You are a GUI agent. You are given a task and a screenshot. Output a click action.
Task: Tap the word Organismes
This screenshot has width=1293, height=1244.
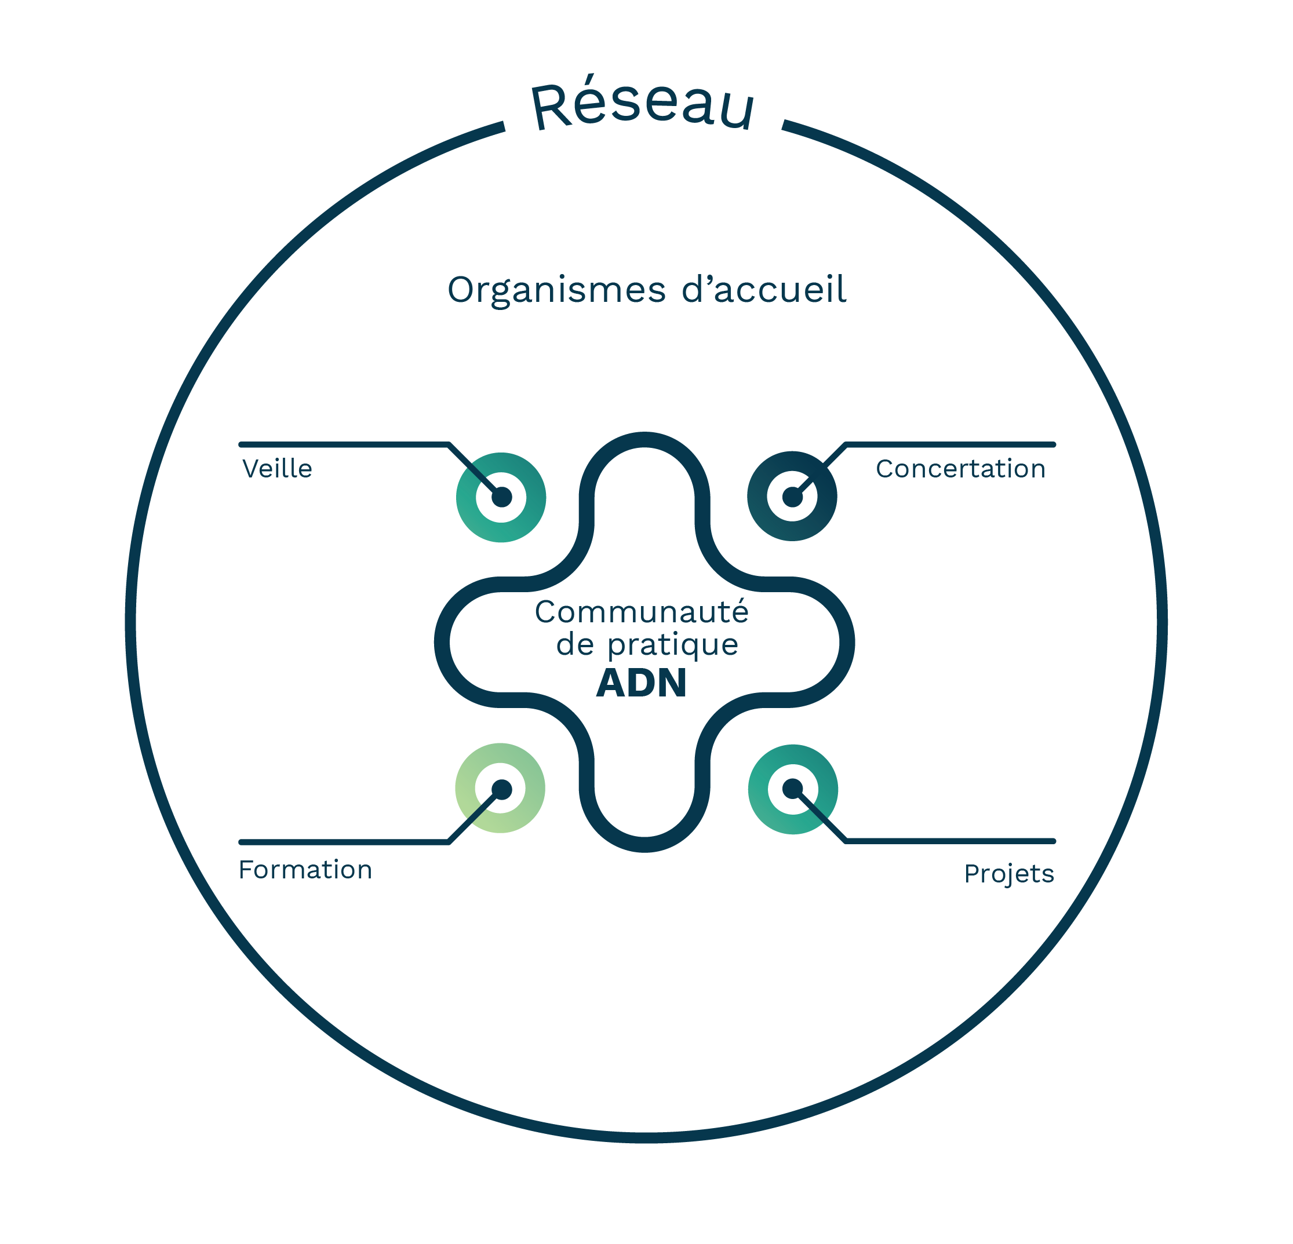556,290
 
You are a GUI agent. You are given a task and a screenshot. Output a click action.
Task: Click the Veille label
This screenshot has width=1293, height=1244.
277,469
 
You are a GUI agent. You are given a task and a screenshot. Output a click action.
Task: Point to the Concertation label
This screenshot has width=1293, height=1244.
960,469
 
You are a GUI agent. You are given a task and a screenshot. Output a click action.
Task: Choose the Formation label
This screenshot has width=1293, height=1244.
305,870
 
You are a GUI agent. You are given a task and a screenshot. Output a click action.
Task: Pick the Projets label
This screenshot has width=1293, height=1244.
1008,874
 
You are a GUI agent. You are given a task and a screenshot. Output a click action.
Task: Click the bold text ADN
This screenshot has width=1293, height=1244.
641,683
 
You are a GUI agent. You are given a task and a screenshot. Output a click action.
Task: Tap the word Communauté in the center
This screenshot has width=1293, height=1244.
641,612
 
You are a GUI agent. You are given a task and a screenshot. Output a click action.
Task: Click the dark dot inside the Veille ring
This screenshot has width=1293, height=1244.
501,497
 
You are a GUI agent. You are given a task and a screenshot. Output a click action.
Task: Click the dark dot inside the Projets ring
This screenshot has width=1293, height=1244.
792,788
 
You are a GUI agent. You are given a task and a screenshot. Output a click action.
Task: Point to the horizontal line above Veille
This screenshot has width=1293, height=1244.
343,444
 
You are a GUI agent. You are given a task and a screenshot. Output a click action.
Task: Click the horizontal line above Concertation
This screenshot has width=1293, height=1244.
950,444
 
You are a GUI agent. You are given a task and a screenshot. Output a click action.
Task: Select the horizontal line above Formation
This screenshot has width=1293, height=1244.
343,842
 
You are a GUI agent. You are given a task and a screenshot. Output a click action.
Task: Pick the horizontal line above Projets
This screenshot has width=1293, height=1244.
950,841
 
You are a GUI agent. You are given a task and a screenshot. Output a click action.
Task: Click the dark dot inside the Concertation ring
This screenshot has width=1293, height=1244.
792,497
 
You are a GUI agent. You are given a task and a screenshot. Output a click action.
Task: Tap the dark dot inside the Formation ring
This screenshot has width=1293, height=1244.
501,789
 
